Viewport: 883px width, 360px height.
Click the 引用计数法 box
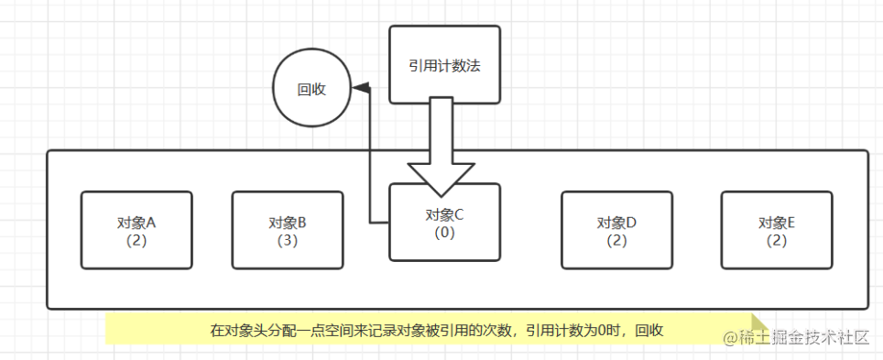(x=444, y=64)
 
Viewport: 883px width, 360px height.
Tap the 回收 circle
(x=311, y=90)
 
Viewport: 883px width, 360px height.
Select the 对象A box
(x=136, y=230)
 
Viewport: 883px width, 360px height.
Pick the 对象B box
(x=287, y=230)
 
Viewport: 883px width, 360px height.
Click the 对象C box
(x=444, y=223)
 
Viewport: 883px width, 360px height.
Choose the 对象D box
(x=616, y=230)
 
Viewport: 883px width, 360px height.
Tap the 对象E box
(x=777, y=230)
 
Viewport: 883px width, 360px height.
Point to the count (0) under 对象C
(x=445, y=233)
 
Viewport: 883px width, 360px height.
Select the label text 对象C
(x=445, y=215)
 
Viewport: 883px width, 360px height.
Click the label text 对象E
(x=777, y=223)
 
